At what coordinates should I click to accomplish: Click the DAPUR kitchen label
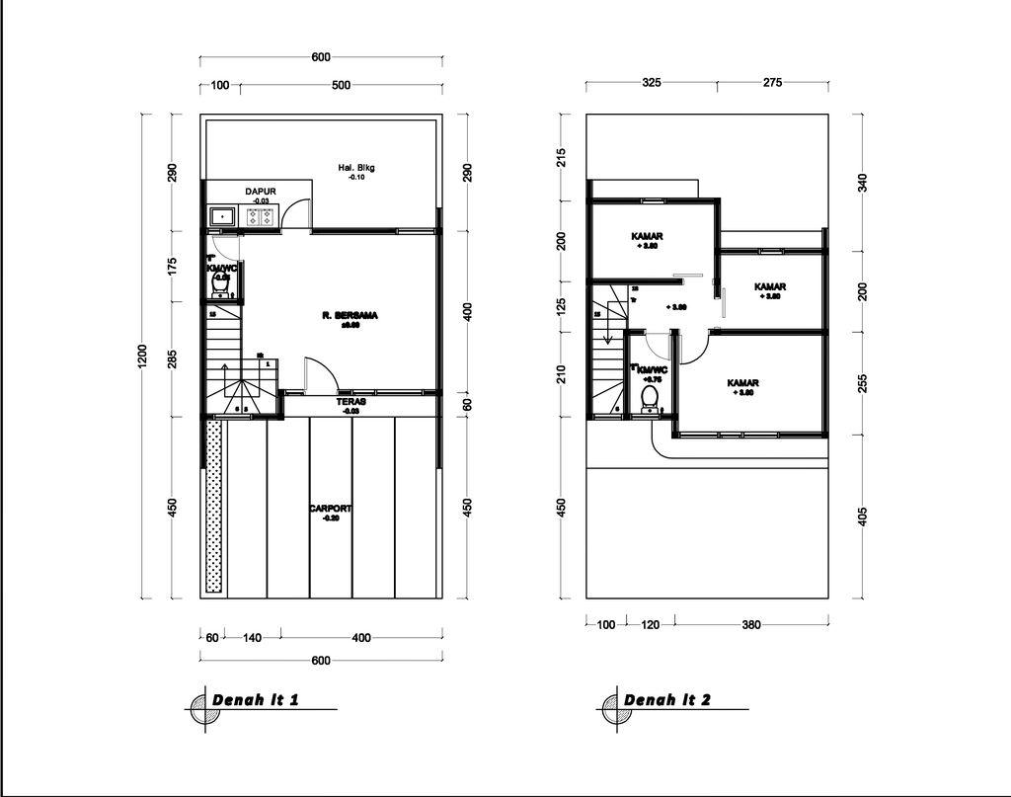[x=260, y=192]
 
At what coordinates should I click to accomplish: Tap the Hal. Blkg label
[x=356, y=169]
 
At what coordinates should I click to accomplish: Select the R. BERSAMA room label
[x=350, y=316]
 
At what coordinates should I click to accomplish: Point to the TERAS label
[x=350, y=402]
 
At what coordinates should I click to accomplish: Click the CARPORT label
[x=330, y=510]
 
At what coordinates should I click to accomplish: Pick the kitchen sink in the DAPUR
[x=220, y=216]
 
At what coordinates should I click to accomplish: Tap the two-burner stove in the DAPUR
[x=262, y=216]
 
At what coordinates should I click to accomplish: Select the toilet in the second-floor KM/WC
[x=650, y=397]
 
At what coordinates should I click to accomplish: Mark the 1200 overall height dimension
[x=142, y=357]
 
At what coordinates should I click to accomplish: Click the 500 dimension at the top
[x=342, y=86]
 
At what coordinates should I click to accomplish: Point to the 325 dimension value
[x=652, y=83]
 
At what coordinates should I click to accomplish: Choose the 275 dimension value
[x=772, y=83]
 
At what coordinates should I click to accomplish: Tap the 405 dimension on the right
[x=862, y=516]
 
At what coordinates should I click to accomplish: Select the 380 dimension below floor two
[x=750, y=624]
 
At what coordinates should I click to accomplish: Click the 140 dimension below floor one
[x=252, y=638]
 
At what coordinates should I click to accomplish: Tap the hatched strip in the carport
[x=213, y=507]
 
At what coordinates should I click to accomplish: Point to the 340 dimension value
[x=862, y=183]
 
